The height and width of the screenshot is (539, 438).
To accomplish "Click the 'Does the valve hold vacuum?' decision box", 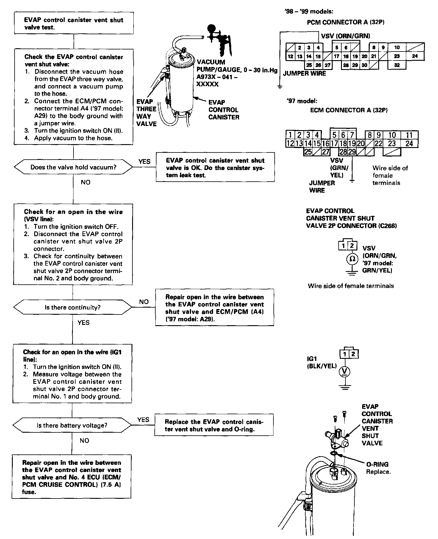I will click(73, 167).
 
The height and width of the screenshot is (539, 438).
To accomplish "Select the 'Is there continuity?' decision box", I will click(73, 307).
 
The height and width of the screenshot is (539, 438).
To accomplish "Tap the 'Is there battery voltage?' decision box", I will click(72, 426).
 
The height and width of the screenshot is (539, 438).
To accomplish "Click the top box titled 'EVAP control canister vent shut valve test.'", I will click(73, 24).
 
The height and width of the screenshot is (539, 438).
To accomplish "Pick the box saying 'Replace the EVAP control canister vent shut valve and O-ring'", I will click(214, 425).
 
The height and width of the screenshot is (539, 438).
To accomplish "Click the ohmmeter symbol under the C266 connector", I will click(352, 259).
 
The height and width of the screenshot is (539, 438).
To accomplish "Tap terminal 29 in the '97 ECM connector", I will click(352, 152).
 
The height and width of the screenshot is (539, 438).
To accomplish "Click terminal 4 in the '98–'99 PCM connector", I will click(318, 47).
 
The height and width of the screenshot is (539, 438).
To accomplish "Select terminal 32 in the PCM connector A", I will click(397, 65).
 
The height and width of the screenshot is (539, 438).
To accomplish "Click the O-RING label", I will click(377, 464).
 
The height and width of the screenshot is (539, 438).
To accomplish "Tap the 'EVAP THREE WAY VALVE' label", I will click(146, 113).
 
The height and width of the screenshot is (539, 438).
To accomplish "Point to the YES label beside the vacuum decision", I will click(144, 161).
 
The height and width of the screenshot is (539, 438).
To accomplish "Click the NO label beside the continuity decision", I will click(144, 302).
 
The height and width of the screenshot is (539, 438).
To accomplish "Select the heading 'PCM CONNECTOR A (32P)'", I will click(346, 22).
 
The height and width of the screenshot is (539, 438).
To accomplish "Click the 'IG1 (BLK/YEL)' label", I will click(321, 363).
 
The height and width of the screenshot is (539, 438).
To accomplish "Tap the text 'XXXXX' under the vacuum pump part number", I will click(207, 84).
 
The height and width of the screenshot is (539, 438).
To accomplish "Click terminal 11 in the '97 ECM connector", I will click(409, 135).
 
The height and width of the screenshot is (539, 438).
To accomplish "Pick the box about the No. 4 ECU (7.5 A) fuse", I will click(71, 477).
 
